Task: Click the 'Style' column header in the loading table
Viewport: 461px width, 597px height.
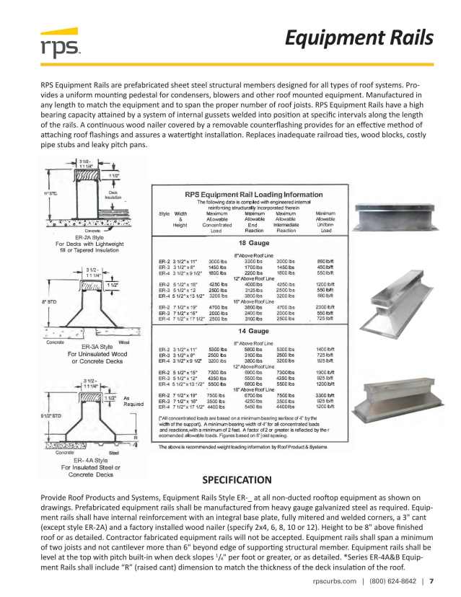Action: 164,213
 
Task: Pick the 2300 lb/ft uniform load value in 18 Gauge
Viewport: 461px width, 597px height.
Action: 326,306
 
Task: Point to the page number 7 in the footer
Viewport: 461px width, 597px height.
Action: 431,580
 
